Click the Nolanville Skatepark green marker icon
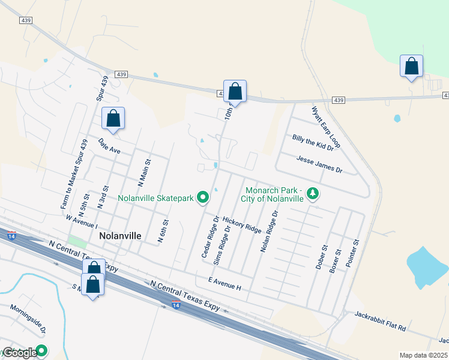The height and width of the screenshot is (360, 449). [203, 197]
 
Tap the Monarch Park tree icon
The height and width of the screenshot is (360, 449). [312, 193]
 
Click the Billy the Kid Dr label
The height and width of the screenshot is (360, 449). [313, 143]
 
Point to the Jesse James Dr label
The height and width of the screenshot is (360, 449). [319, 163]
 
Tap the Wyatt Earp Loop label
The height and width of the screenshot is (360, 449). [325, 128]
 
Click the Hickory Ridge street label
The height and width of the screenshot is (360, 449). [242, 226]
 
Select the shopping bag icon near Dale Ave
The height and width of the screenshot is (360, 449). [113, 119]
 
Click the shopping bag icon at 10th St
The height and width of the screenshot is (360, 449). [235, 92]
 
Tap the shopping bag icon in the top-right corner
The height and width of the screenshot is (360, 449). [411, 67]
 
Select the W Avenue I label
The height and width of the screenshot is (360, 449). [82, 221]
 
